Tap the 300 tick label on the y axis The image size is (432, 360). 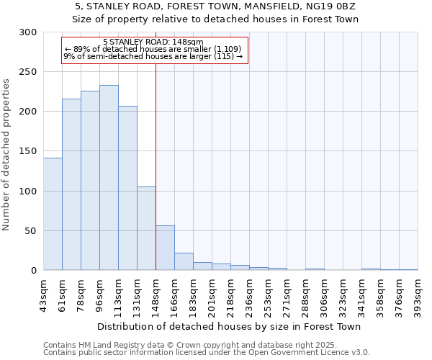click(x=28, y=32)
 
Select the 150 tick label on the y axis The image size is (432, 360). click(x=28, y=151)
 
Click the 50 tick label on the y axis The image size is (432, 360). click(x=31, y=231)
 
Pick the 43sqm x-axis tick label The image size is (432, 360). click(x=44, y=294)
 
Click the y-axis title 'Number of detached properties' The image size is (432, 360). click(x=7, y=155)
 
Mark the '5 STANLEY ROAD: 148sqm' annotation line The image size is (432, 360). click(x=153, y=42)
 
